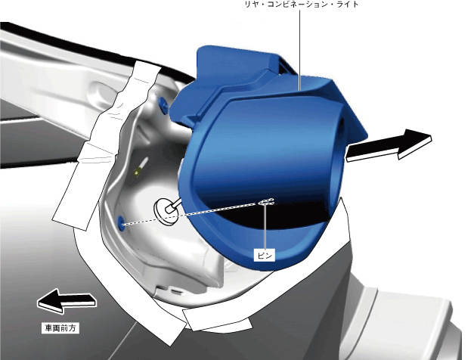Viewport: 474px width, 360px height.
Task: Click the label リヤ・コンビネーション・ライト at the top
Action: pos(301,5)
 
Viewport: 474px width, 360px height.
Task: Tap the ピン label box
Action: pos(265,255)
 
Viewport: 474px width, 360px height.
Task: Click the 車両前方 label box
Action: pos(60,328)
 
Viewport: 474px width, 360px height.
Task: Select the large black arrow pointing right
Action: pos(389,145)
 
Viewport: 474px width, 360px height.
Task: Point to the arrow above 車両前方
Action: pos(67,300)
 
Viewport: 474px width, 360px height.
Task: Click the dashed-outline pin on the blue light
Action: pos(266,202)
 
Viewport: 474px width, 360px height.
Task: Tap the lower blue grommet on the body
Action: pos(121,223)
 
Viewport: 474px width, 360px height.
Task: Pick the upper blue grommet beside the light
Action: pos(163,106)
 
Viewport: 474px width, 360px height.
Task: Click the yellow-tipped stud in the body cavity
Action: pos(141,167)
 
